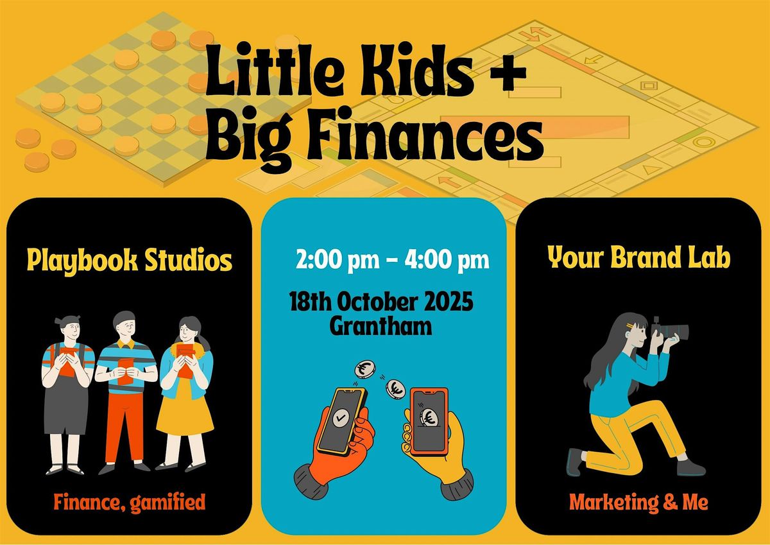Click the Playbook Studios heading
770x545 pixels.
tap(130, 260)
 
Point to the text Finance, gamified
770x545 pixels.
tap(130, 503)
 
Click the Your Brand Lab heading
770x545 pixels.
tap(639, 257)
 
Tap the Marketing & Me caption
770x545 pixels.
tap(638, 502)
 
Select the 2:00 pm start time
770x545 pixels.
tap(338, 260)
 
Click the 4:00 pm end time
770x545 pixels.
tap(447, 260)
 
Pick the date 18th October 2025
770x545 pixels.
tap(381, 302)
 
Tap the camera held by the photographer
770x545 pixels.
tap(671, 330)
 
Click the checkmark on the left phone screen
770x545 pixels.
tap(341, 418)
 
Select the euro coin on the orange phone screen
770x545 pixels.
tap(429, 417)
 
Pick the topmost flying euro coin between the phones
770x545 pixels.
tap(364, 370)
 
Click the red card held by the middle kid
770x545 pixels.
tap(125, 370)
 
